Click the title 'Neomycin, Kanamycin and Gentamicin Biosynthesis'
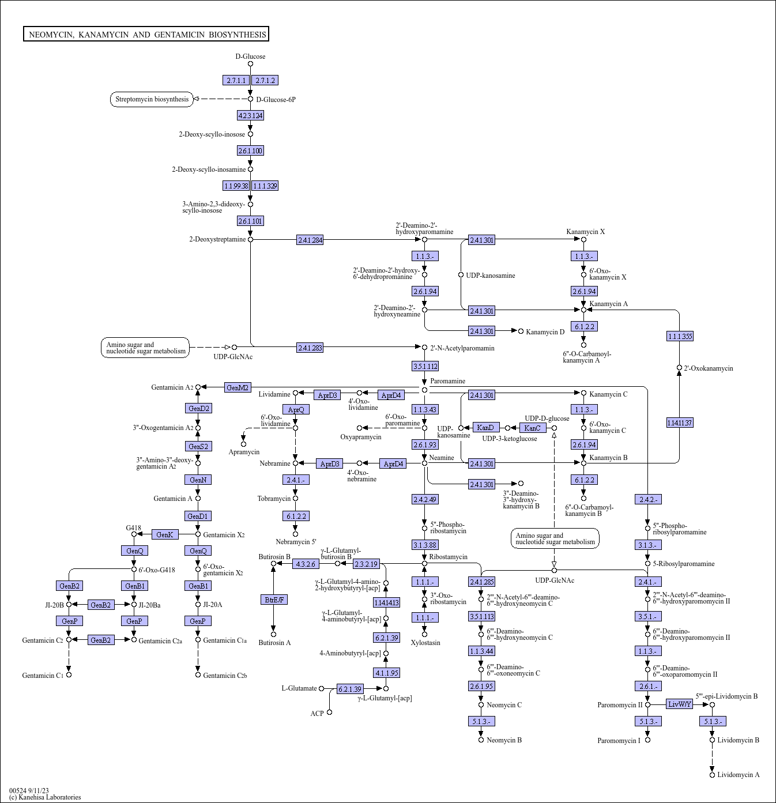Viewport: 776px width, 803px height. [146, 34]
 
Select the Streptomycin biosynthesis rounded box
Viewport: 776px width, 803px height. [152, 100]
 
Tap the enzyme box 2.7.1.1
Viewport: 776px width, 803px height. [236, 81]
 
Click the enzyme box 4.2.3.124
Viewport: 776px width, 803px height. [250, 115]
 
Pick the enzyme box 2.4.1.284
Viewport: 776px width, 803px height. [310, 240]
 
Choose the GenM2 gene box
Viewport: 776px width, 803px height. [238, 387]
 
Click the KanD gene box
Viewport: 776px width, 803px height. [485, 428]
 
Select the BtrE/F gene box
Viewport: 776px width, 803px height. [274, 600]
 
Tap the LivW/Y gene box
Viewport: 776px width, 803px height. [679, 704]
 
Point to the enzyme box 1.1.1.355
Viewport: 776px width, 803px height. [680, 336]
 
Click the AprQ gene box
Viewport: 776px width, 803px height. [296, 409]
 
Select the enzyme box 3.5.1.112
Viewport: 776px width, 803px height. [425, 366]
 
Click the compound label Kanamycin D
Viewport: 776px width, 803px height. [545, 332]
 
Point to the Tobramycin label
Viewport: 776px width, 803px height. [274, 499]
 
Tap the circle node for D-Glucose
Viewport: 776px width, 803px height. [250, 64]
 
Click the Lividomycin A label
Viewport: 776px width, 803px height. [739, 775]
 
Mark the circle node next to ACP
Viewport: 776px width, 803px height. [329, 712]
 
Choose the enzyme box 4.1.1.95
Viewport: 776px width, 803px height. [387, 673]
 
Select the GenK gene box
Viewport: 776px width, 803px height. [165, 535]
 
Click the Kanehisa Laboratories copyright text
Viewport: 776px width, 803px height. [45, 797]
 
